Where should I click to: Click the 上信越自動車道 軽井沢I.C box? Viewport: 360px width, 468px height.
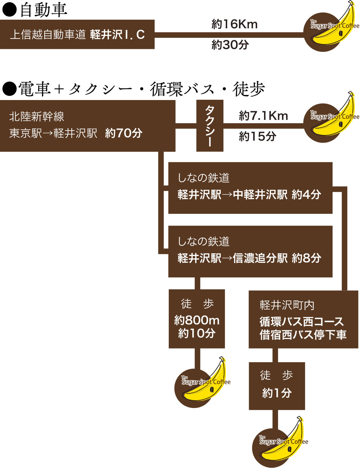click(77, 34)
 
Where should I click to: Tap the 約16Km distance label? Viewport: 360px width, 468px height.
click(234, 24)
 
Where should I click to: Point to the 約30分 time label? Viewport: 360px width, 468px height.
click(230, 45)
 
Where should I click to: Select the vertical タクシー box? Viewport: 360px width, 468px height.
click(210, 126)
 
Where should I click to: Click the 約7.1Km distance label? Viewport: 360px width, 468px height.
click(263, 116)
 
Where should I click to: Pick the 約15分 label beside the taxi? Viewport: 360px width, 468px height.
click(257, 136)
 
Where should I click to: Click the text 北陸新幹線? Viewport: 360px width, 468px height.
click(37, 117)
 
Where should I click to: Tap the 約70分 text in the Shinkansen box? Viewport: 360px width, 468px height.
click(124, 133)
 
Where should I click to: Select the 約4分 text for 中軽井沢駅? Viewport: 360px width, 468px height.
click(306, 194)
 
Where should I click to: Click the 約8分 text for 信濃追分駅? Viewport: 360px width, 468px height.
click(306, 258)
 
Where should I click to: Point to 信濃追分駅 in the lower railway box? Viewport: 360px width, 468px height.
click(260, 258)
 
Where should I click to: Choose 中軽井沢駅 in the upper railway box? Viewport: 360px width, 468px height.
click(260, 194)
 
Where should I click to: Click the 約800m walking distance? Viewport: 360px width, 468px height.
click(197, 320)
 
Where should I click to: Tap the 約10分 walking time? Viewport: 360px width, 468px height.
click(197, 333)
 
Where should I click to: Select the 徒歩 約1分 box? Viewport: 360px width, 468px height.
click(277, 386)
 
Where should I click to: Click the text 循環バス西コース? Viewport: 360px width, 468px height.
click(302, 322)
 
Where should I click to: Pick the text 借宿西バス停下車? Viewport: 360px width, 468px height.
click(303, 335)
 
